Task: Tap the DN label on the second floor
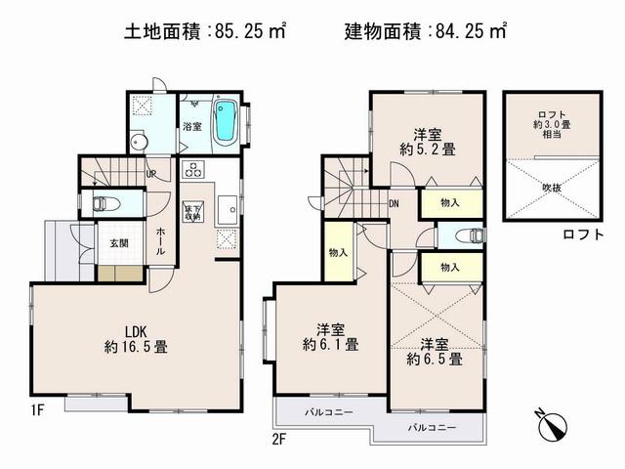point(393,204)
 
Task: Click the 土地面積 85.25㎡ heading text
point(204,31)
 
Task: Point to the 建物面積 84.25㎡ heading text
point(426,31)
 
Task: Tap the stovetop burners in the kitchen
point(190,168)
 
